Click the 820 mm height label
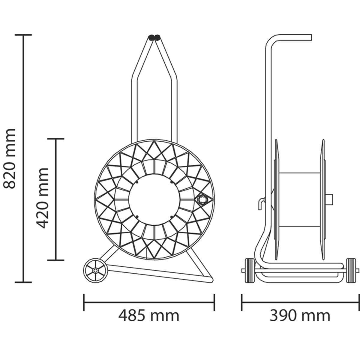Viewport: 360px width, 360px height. pyautogui.click(x=9, y=159)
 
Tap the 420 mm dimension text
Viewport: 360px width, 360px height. pyautogui.click(x=42, y=198)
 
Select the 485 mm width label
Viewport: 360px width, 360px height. pyautogui.click(x=149, y=316)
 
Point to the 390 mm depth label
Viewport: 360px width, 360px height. pyautogui.click(x=300, y=316)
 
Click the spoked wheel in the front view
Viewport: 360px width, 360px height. pyautogui.click(x=95, y=270)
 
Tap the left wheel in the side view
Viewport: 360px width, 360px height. pyautogui.click(x=250, y=270)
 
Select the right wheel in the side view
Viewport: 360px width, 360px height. pyautogui.click(x=351, y=270)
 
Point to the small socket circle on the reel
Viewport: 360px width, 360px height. pyautogui.click(x=202, y=199)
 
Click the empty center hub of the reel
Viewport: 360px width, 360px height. pyautogui.click(x=154, y=199)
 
